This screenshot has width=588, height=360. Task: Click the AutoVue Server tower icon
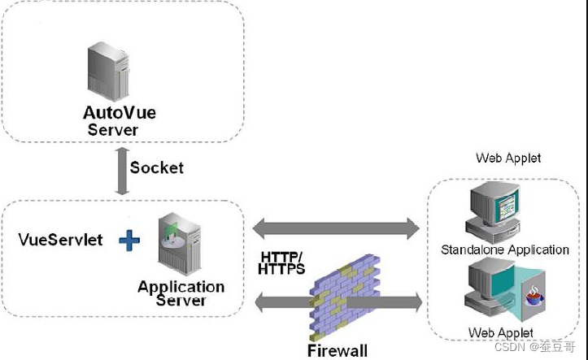[x=108, y=72]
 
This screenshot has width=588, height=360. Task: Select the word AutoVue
[x=120, y=113]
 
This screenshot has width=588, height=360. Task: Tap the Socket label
[x=157, y=167]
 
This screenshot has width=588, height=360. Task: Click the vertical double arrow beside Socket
[x=122, y=171]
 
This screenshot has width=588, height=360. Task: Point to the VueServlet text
[x=60, y=240]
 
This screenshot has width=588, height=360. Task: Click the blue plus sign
[x=129, y=240]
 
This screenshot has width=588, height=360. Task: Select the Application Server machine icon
[x=180, y=244]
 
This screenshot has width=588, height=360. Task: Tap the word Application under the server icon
[x=181, y=287]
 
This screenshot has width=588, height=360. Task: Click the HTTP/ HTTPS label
[x=281, y=263]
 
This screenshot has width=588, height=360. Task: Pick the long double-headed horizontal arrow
[x=336, y=228]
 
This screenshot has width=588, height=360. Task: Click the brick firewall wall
[x=345, y=296]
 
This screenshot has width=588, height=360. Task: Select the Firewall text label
[x=338, y=351]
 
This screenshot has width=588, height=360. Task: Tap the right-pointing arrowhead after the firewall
[x=416, y=302]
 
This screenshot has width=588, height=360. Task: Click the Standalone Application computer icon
[x=493, y=213]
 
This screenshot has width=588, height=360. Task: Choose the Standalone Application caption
[x=505, y=249]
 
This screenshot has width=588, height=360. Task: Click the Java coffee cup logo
[x=534, y=296]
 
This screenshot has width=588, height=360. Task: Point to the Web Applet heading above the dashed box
[x=508, y=158]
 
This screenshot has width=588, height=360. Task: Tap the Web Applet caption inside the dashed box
[x=501, y=332]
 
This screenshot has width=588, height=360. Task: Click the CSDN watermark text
[x=535, y=346]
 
